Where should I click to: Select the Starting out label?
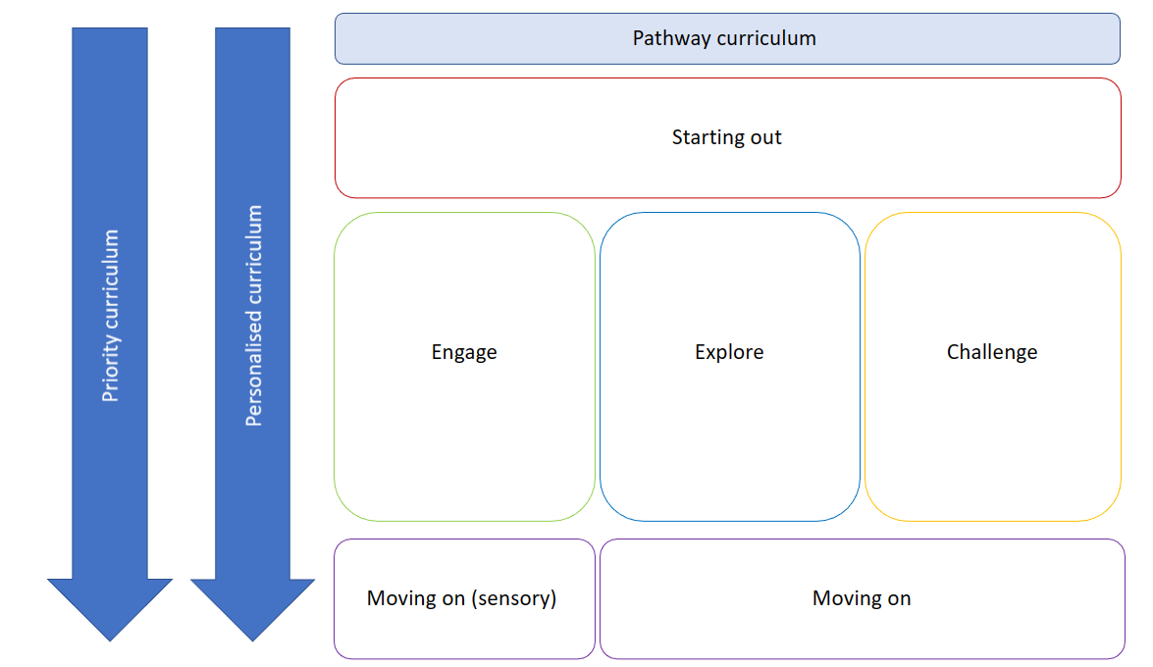pos(727,137)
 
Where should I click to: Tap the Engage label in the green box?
pos(464,352)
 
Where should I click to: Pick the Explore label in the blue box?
pos(729,352)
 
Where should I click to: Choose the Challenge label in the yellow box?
pos(992,352)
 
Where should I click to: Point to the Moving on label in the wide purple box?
pos(862,598)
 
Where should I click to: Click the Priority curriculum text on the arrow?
pos(111,316)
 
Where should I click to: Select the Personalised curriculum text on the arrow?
pos(254,316)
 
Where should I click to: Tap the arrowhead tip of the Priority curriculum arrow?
pos(110,639)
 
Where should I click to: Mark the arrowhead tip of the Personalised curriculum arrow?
pos(253,639)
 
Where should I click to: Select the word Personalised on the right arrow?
pos(254,368)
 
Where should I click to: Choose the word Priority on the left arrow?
pos(111,369)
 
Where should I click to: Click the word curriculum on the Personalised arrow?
pos(254,255)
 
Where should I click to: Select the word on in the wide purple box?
pos(897,598)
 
